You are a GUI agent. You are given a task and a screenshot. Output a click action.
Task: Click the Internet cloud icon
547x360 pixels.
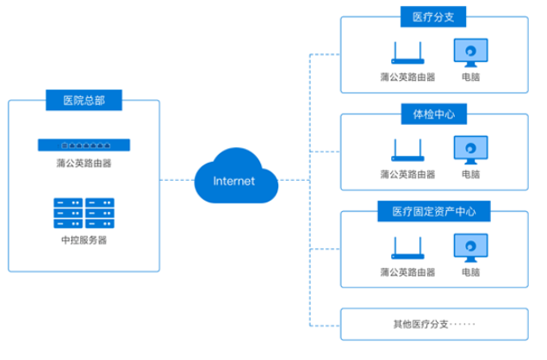point(234,178)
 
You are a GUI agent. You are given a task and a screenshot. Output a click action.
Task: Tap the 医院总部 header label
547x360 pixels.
point(84,101)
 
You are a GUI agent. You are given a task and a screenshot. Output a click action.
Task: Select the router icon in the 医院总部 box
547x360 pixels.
point(83,144)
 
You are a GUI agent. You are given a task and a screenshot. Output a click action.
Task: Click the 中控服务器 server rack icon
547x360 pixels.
point(83,211)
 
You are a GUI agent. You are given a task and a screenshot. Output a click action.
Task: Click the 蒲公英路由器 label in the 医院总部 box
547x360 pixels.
point(83,162)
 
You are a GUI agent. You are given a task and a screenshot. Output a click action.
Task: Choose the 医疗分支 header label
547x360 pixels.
point(433,16)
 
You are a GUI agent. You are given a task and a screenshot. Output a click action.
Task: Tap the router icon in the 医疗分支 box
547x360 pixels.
point(407,55)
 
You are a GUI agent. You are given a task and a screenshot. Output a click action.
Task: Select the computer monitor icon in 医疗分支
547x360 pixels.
point(470,53)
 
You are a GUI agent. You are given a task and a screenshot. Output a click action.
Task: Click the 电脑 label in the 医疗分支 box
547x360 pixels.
point(470,77)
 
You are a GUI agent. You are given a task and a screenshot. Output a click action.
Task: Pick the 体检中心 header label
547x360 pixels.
point(433,114)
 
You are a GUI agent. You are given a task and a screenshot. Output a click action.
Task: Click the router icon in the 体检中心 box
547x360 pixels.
point(407,152)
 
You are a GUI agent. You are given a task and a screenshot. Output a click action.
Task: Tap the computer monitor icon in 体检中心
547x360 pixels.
point(470,150)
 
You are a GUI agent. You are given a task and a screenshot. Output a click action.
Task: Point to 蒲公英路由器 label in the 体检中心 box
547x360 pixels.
point(407,175)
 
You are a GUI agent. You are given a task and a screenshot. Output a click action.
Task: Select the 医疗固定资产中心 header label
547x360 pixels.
point(433,211)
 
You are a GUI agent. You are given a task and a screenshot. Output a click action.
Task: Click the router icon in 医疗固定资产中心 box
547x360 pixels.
point(407,251)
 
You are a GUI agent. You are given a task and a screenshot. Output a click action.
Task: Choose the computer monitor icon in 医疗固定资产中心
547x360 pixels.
point(470,248)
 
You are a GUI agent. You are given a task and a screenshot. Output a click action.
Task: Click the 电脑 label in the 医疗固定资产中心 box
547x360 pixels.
point(470,272)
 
